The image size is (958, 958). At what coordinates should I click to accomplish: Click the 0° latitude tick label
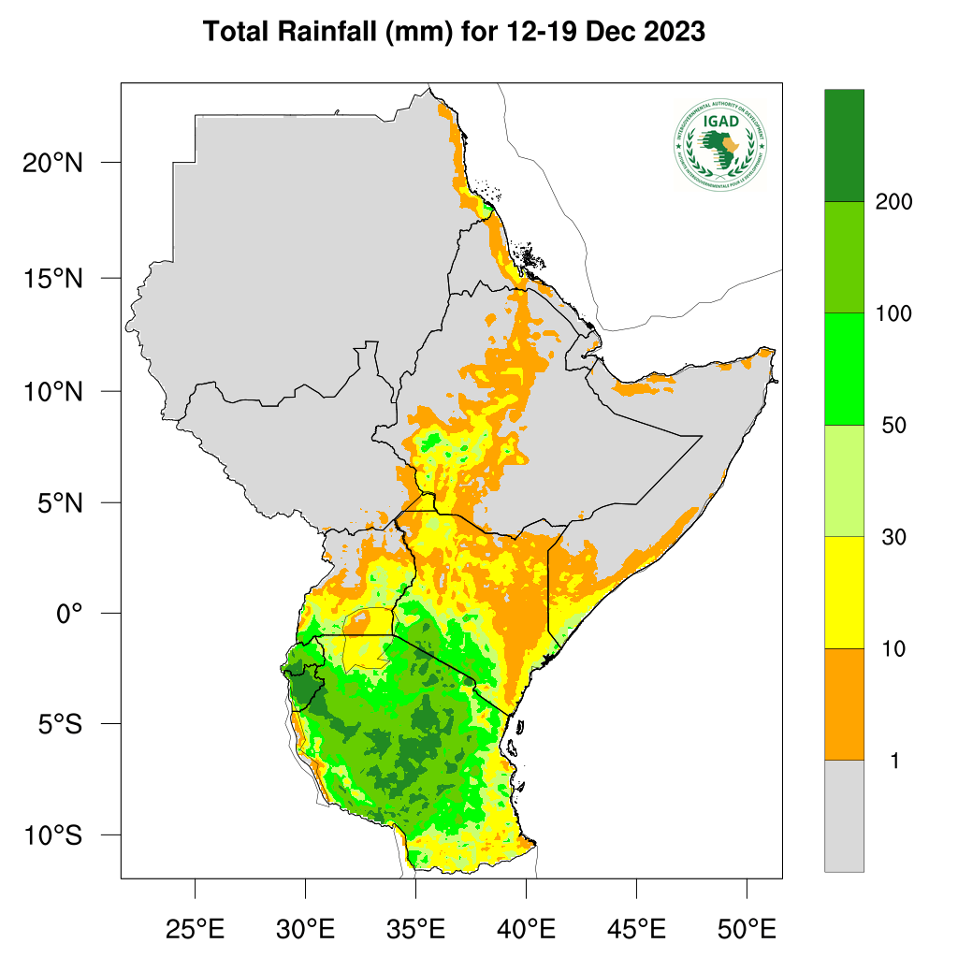[x=70, y=614]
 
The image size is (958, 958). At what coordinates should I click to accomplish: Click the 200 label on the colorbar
[x=893, y=202]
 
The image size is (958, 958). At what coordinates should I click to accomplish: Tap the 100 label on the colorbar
[x=893, y=313]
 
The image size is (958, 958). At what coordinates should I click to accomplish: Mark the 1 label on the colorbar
[x=893, y=762]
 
